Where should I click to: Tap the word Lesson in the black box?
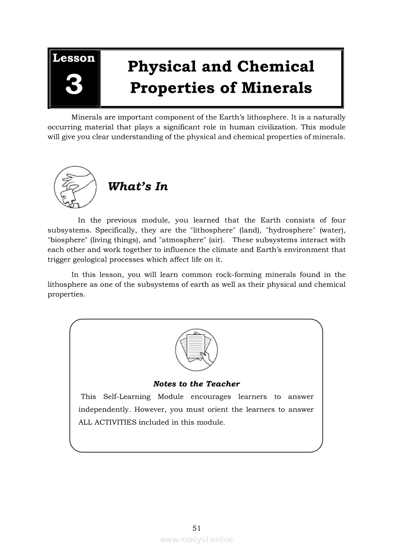[74, 58]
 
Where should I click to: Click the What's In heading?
[138, 186]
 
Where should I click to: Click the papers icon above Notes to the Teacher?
[196, 350]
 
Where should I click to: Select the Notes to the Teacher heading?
[196, 384]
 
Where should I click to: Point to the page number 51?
[196, 528]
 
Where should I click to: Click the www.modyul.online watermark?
[196, 540]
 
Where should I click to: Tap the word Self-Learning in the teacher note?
[127, 397]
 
